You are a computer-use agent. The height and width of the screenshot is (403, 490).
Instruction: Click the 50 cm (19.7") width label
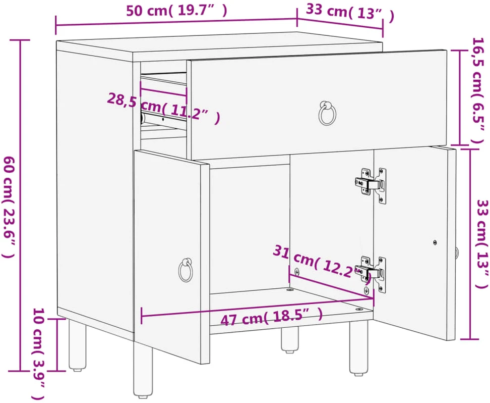(x=176, y=11)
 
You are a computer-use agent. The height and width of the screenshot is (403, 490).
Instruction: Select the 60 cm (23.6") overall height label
(x=9, y=207)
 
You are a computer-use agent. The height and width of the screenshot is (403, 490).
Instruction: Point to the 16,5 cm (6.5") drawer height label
(x=478, y=90)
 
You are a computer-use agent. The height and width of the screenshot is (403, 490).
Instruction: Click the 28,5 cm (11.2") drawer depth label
(x=164, y=109)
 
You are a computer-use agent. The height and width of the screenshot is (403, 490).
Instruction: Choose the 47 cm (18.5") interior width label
(x=272, y=317)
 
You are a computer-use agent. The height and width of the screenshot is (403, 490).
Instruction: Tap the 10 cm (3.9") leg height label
(x=39, y=354)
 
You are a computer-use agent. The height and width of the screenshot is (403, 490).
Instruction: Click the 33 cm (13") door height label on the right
(x=481, y=244)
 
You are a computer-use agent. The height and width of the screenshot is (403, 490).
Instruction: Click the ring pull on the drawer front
(x=327, y=113)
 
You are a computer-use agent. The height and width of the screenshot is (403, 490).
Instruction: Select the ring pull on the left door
(x=186, y=270)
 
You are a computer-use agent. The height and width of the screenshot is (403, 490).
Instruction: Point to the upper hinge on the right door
(x=371, y=185)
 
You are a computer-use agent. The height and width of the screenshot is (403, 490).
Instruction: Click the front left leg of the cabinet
(x=143, y=370)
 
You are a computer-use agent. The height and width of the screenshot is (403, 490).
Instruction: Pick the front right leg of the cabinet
(x=358, y=347)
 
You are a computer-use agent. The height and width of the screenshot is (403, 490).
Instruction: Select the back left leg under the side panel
(x=77, y=344)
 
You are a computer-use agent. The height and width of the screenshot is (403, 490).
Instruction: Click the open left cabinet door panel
(x=171, y=257)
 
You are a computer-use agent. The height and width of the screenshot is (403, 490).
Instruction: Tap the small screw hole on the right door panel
(x=435, y=242)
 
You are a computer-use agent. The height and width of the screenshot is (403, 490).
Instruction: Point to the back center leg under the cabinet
(x=289, y=340)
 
